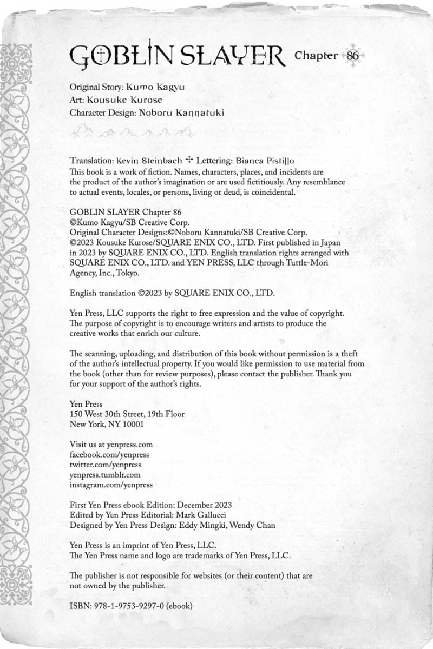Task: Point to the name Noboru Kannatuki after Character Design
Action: pyautogui.click(x=181, y=113)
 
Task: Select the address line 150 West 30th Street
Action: pyautogui.click(x=127, y=414)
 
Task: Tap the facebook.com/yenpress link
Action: pyautogui.click(x=109, y=455)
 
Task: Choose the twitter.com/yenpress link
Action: pyautogui.click(x=106, y=465)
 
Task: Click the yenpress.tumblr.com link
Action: pyautogui.click(x=106, y=475)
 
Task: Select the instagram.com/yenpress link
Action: pyautogui.click(x=111, y=485)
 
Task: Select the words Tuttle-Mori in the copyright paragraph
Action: pyautogui.click(x=305, y=262)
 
